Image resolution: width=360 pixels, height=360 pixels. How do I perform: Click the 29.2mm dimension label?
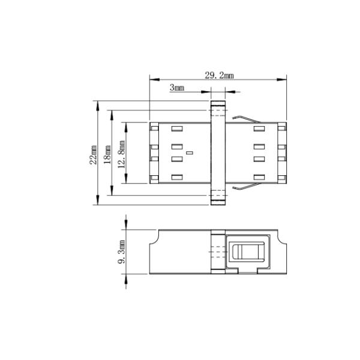(219, 76)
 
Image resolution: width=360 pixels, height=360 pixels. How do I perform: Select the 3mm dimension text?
(177, 88)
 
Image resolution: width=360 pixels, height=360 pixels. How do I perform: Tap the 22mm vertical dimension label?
(94, 155)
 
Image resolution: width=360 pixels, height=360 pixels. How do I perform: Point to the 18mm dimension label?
(107, 154)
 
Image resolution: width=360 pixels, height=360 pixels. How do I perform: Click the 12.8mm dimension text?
(122, 154)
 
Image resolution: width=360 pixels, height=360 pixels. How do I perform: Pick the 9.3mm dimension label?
(122, 252)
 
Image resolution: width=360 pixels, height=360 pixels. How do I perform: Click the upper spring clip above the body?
(247, 119)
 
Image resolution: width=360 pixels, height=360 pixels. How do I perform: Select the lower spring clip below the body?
(247, 187)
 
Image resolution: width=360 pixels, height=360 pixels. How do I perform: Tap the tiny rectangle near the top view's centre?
(190, 152)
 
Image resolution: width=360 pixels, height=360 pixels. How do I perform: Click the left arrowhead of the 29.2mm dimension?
(154, 80)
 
